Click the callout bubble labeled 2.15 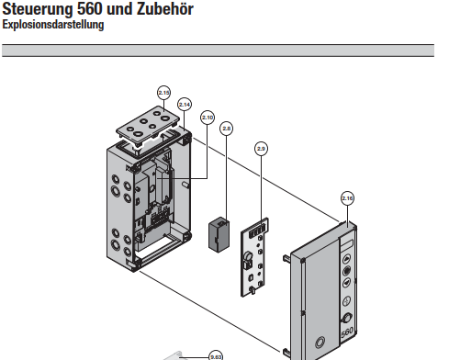163,93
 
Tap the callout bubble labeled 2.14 185,105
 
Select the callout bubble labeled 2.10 208,118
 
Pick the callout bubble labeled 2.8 227,129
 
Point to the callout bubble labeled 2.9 261,149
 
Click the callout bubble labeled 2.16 347,198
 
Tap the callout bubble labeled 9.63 216,356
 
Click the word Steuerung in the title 38,9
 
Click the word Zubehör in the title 164,9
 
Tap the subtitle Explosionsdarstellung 53,25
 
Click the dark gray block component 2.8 219,234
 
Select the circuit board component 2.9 254,258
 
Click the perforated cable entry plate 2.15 148,126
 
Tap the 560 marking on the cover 347,332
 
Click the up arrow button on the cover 346,259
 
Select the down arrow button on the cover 346,283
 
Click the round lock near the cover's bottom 320,342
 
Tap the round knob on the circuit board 248,256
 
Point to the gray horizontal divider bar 218,51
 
